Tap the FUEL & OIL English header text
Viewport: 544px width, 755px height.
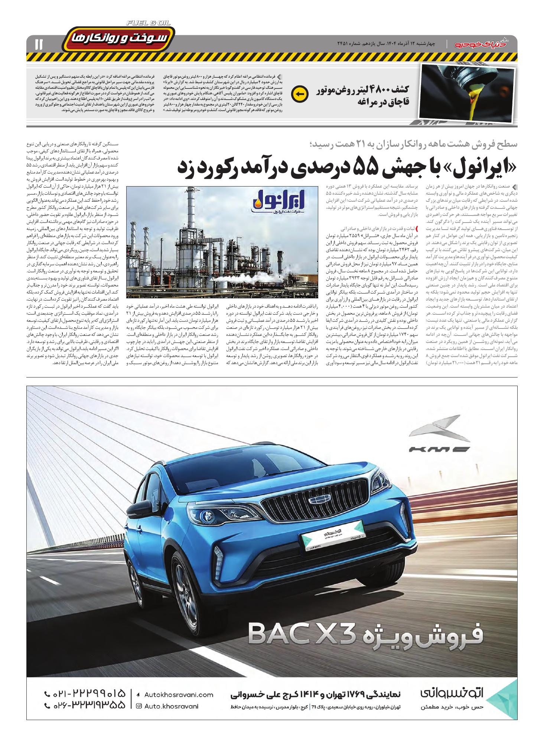149,23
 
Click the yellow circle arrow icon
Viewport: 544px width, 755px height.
299,94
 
